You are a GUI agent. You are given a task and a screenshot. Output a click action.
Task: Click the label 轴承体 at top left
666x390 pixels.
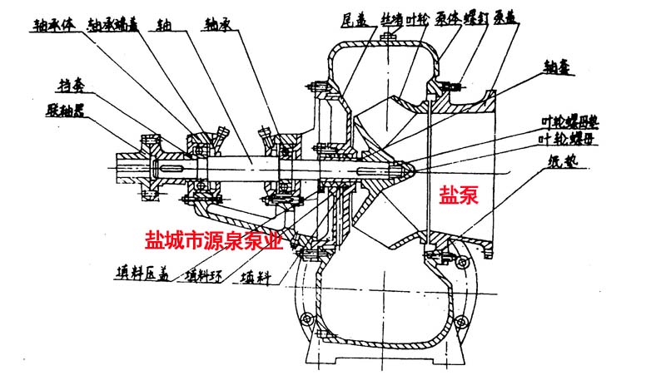tap(55, 24)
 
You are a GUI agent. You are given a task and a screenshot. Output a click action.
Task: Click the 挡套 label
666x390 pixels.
tap(68, 86)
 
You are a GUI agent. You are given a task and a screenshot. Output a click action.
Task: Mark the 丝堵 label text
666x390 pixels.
tap(393, 17)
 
